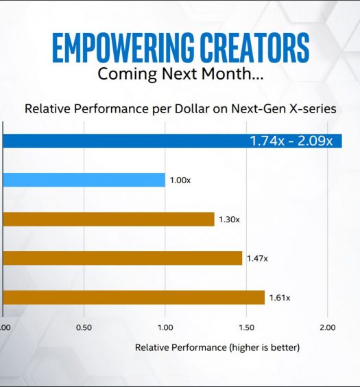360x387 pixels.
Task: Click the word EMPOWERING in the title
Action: coord(123,47)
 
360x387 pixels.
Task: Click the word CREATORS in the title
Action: coord(254,47)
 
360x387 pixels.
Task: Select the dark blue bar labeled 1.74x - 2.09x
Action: coord(172,141)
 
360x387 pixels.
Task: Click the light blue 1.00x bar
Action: coord(84,180)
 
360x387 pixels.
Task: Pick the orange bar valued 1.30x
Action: coord(109,219)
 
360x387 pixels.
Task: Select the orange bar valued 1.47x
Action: coord(123,258)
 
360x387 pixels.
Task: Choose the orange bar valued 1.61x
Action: coord(134,297)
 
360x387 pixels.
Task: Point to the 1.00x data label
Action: coord(180,180)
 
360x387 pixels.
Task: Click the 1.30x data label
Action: coord(229,220)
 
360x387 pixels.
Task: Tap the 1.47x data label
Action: coord(257,259)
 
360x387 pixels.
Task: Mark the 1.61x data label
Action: coord(280,298)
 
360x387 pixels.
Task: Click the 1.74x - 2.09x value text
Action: coord(291,141)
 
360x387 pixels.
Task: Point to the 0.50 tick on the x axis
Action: coord(84,327)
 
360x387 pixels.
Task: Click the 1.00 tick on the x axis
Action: coord(165,327)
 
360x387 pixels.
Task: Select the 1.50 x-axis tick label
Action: coord(246,327)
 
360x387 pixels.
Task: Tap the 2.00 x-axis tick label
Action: coord(328,327)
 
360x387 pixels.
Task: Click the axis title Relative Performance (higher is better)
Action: coord(217,347)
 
